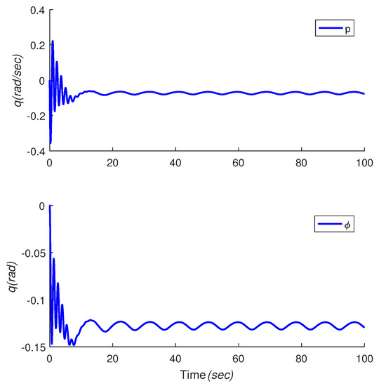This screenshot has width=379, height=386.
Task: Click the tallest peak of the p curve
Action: [52, 41]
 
